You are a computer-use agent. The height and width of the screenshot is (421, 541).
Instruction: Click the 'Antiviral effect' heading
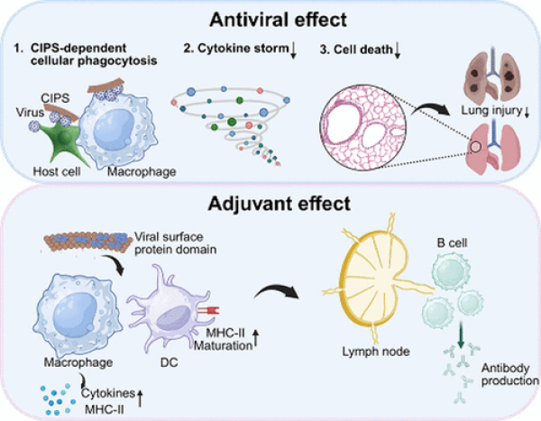pos(271,19)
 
